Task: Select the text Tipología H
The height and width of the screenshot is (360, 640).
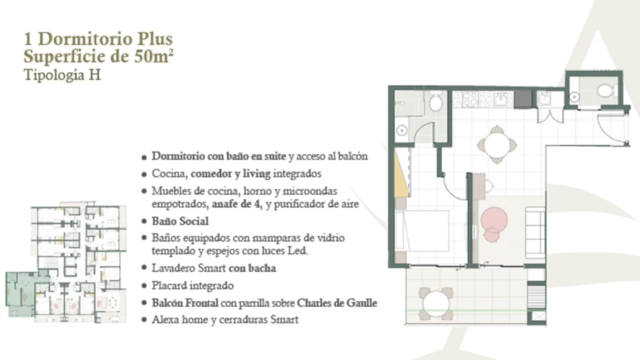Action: (x=62, y=75)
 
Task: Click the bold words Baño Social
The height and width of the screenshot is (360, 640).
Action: (x=180, y=221)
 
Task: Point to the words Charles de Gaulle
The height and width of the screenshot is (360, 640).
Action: (x=337, y=303)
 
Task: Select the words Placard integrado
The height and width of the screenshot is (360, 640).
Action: (x=192, y=285)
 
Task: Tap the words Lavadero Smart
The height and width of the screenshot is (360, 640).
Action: (x=189, y=268)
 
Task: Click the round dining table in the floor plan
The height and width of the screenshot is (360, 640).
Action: (x=497, y=144)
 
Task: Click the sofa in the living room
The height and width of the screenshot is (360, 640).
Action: (x=535, y=233)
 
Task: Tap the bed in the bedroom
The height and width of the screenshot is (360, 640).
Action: (x=421, y=231)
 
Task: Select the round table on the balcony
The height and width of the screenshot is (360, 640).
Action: (x=435, y=303)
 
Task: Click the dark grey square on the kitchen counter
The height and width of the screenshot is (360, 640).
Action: (x=523, y=99)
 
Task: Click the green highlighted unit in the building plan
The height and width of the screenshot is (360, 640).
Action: (x=20, y=293)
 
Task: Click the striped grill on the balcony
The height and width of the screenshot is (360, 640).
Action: (x=536, y=297)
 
